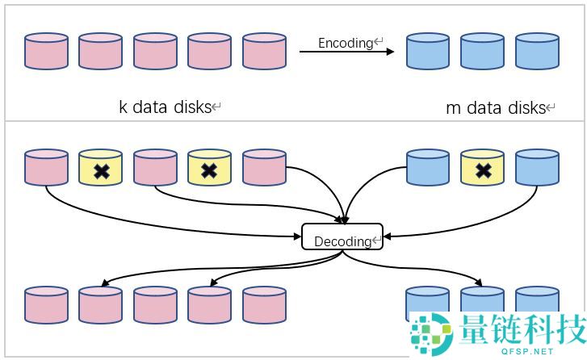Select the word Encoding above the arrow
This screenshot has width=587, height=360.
(345, 43)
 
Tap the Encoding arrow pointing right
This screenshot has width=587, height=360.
(346, 52)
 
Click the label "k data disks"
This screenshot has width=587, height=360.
(165, 107)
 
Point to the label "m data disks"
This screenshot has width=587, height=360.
(495, 107)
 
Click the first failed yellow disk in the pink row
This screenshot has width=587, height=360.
(100, 168)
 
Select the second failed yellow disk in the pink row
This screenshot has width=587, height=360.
(209, 168)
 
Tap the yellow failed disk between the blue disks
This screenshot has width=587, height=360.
(482, 168)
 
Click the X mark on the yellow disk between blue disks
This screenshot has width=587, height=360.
(482, 170)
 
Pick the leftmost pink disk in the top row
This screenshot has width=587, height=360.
(46, 51)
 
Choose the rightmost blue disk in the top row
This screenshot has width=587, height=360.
(537, 51)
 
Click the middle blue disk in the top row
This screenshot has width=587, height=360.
(482, 51)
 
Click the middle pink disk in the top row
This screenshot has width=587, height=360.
(155, 51)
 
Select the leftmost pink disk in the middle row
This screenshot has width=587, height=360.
(46, 168)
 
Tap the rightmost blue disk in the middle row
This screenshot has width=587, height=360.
(537, 168)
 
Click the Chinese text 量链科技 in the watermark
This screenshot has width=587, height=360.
(522, 329)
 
